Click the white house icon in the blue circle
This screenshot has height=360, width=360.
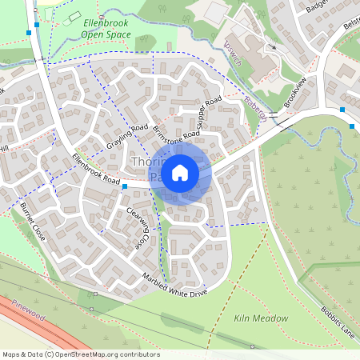pyautogui.click(x=180, y=172)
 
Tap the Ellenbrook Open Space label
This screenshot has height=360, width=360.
pyautogui.click(x=112, y=30)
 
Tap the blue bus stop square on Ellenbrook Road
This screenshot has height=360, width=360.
pyautogui.click(x=125, y=186)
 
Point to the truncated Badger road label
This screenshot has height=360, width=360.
pyautogui.click(x=320, y=6)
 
